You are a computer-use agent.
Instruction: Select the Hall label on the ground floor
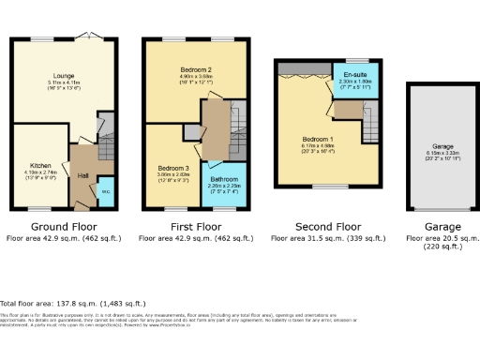[82, 175]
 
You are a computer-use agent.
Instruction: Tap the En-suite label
[354, 74]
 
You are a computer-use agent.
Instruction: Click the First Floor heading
[195, 226]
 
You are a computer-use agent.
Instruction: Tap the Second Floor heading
[327, 226]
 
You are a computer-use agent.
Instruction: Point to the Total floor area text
[73, 304]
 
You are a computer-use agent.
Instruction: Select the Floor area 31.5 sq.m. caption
[327, 238]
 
